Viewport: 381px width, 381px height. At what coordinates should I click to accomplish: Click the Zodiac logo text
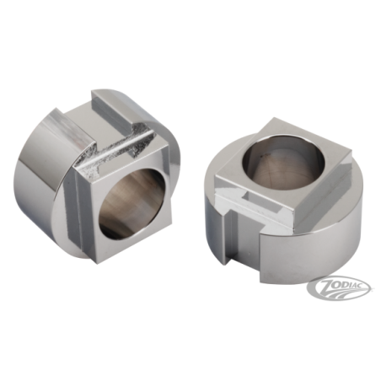[343, 284]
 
